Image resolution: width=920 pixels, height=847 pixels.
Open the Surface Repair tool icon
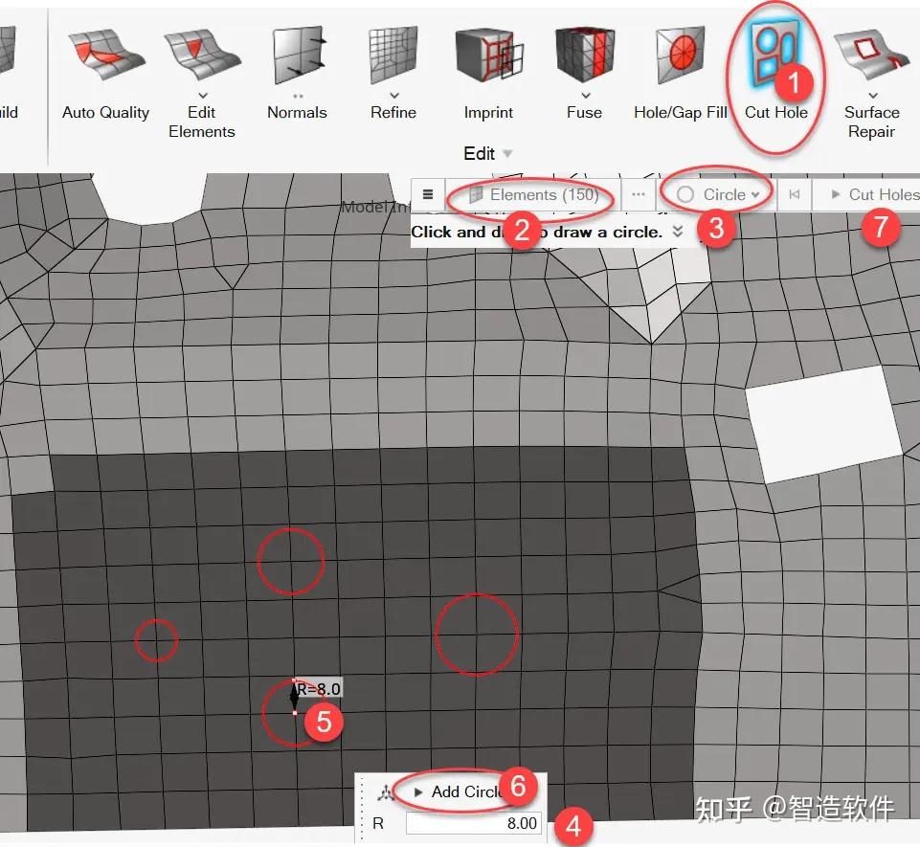[x=871, y=56]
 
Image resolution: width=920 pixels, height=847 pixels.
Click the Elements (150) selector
[x=534, y=195]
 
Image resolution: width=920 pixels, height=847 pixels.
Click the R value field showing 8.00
[x=473, y=823]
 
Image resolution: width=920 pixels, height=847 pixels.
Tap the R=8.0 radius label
[x=319, y=688]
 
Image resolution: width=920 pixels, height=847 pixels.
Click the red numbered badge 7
[x=882, y=230]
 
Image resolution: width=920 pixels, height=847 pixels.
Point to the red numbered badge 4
[x=572, y=826]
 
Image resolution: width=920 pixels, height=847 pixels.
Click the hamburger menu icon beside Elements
[x=428, y=195]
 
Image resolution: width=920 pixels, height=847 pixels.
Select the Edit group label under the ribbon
[x=480, y=153]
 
